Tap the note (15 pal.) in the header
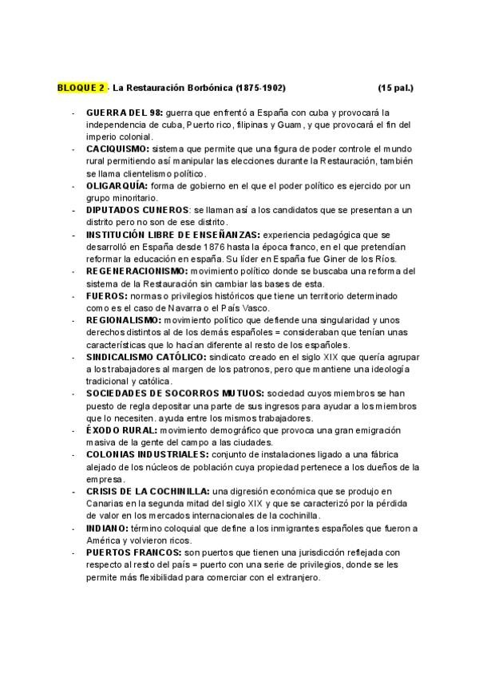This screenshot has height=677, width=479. [396, 86]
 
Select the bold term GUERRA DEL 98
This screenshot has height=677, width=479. [125, 113]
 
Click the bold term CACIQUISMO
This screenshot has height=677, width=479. [117, 149]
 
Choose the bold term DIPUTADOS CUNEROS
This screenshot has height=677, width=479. [132, 209]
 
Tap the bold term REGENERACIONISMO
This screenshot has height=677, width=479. [135, 271]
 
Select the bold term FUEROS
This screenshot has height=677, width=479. [104, 295]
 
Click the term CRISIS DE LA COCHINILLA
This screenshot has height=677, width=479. [148, 491]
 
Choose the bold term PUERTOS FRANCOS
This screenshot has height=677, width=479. [131, 552]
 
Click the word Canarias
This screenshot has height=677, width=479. [104, 504]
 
